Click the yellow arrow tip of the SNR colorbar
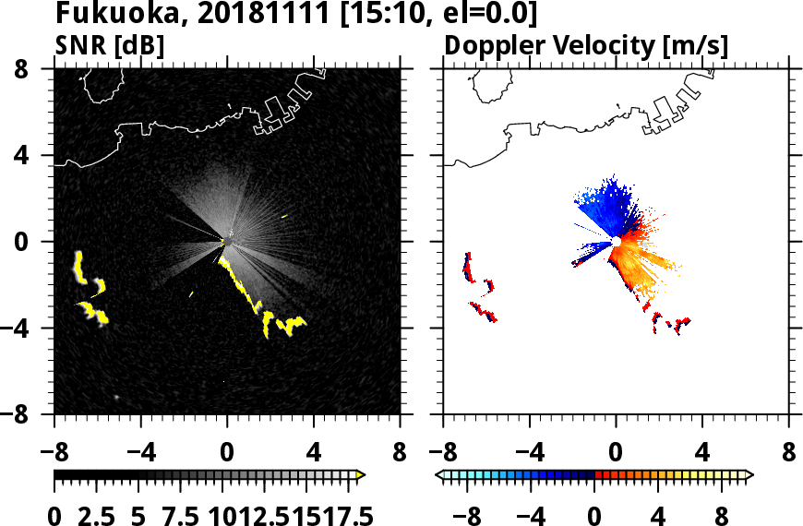361,475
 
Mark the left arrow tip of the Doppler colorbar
438,475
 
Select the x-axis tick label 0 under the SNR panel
227,454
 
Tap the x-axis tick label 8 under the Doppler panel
789,454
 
